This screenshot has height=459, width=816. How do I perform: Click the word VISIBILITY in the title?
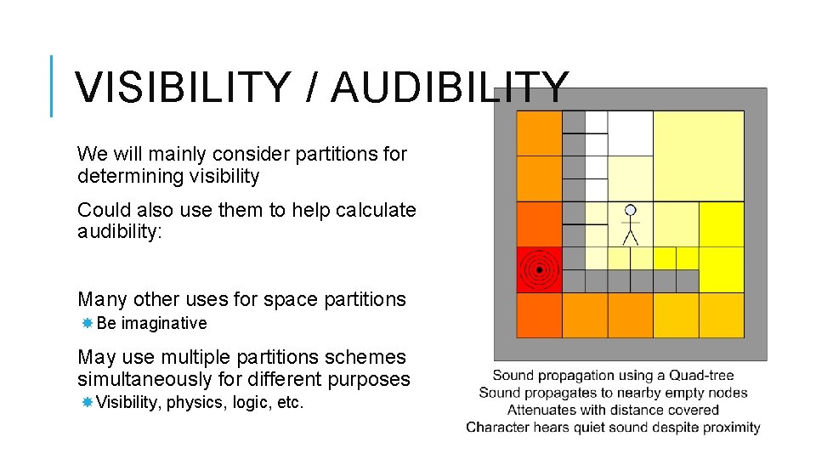pyautogui.click(x=180, y=88)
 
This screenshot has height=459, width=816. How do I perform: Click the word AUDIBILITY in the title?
pyautogui.click(x=450, y=88)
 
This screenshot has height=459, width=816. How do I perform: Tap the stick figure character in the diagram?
pyautogui.click(x=630, y=225)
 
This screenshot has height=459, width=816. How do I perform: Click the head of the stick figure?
pyautogui.click(x=630, y=209)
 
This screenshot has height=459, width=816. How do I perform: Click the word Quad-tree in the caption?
pyautogui.click(x=701, y=375)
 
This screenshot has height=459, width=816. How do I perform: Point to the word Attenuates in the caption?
pyautogui.click(x=541, y=410)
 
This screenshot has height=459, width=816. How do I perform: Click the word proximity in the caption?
pyautogui.click(x=731, y=427)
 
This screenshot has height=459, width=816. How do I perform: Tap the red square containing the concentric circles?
pyautogui.click(x=539, y=270)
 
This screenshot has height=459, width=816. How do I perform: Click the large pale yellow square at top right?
pyautogui.click(x=698, y=156)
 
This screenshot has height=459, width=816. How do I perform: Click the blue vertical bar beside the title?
pyautogui.click(x=52, y=85)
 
